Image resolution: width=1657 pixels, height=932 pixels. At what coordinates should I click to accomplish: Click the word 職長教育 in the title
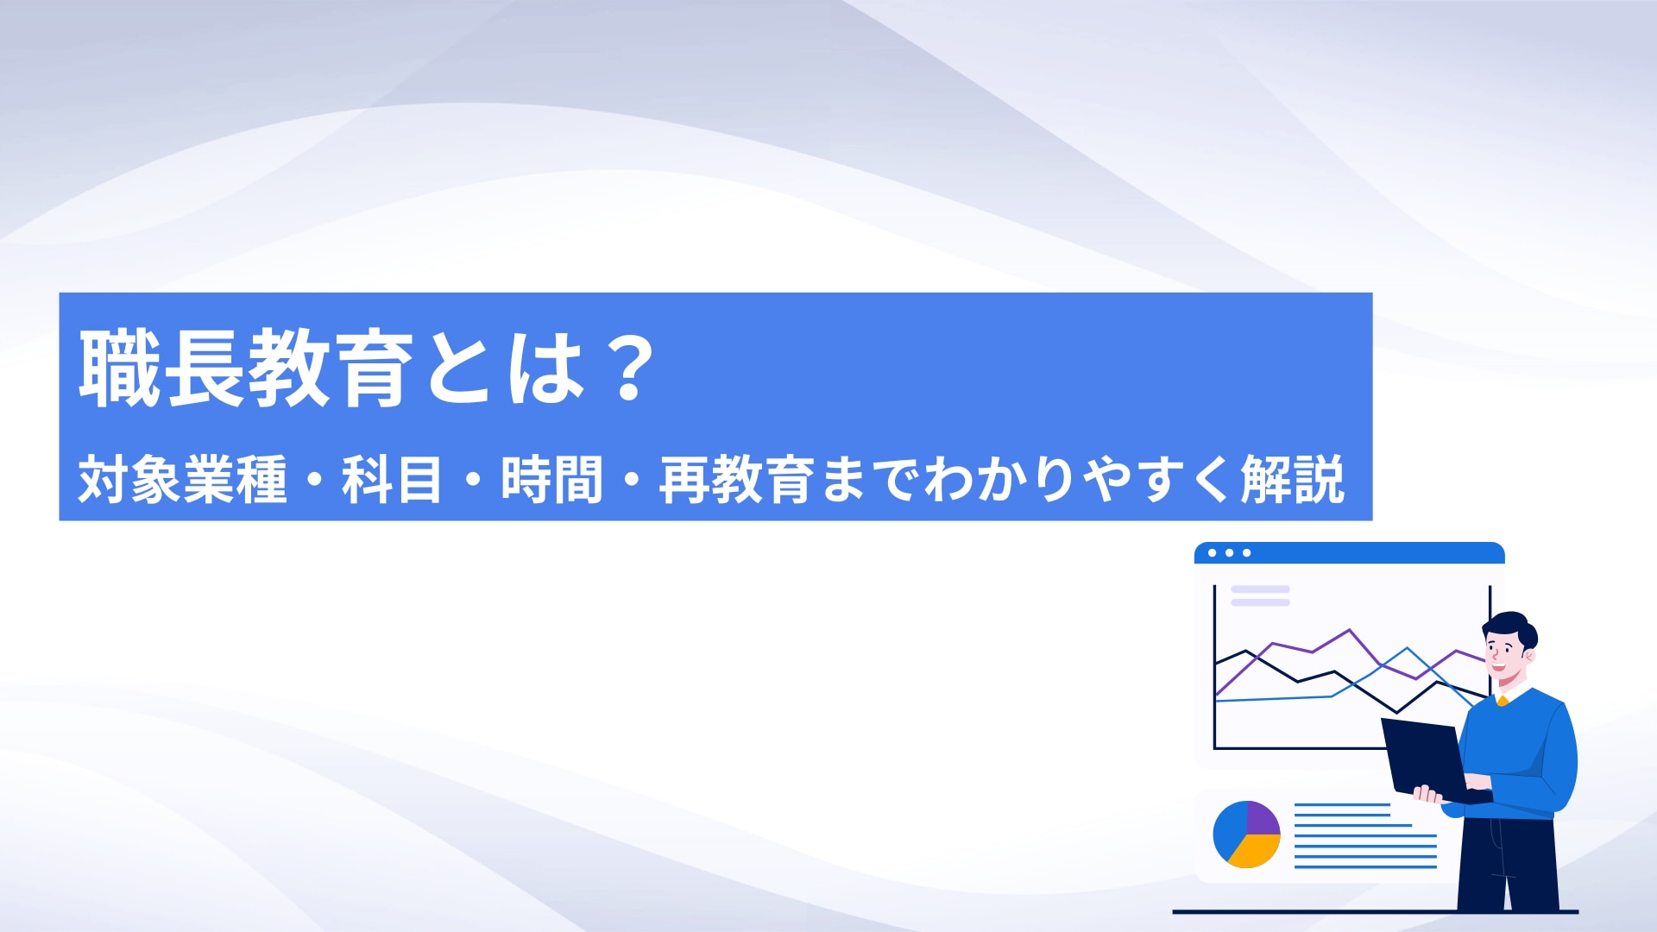(x=247, y=368)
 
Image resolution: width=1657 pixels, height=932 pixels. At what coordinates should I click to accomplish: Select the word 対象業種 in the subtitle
(x=182, y=480)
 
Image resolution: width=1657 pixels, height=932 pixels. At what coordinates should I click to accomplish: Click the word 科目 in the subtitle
(x=392, y=480)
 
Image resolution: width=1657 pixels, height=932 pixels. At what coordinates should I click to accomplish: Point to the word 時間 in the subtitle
(x=551, y=480)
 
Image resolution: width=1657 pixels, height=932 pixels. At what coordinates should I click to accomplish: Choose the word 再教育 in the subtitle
(x=736, y=480)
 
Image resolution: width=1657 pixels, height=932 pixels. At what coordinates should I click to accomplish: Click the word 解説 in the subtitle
(x=1293, y=480)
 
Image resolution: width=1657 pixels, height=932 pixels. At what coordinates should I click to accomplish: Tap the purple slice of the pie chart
(x=1263, y=817)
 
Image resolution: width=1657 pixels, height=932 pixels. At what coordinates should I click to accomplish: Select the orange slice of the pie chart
(x=1254, y=853)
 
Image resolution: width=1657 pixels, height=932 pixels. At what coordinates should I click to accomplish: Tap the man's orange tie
(x=1503, y=700)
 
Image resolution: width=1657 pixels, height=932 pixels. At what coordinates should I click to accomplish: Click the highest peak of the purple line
(x=1349, y=630)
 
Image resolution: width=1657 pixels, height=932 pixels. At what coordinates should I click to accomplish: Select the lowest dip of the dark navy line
(x=1397, y=712)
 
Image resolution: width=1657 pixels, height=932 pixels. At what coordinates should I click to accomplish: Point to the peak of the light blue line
(x=1408, y=648)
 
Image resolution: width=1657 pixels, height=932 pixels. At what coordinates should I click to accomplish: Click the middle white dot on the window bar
(x=1230, y=553)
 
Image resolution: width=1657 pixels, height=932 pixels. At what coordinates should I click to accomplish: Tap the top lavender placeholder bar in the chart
(x=1260, y=589)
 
